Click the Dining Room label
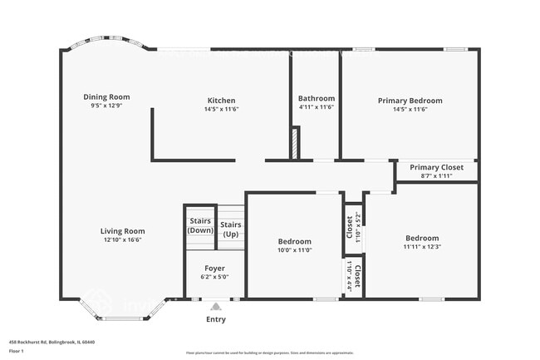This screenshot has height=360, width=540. coord(106,97)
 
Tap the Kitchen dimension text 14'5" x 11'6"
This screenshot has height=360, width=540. coord(221,109)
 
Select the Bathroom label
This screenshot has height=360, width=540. coord(317,98)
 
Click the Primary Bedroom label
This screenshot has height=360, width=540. coord(410,101)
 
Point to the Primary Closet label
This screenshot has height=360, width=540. coord(436,167)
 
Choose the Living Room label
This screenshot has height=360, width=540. coord(123,231)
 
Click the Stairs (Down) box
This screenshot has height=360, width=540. coord(200,226)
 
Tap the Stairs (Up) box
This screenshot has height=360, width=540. coord(231,229)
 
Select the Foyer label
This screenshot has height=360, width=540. coord(214,269)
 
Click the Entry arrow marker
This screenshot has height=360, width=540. coord(215,306)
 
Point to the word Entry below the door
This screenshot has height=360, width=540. coord(215,319)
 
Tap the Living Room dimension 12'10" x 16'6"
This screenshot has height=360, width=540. coord(123,239)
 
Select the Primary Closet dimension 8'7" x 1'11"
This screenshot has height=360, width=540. coord(436,175)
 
